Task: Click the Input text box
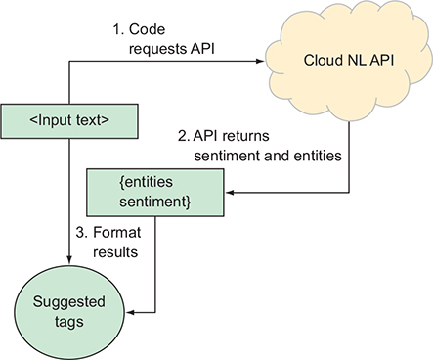[x=68, y=120]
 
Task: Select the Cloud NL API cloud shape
[x=345, y=64]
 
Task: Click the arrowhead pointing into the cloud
[x=263, y=61]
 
